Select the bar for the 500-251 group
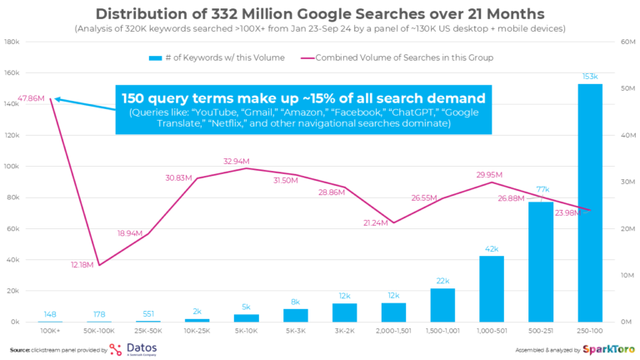click(x=540, y=262)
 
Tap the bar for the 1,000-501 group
click(x=492, y=288)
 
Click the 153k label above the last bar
click(x=589, y=77)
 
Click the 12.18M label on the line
click(x=84, y=264)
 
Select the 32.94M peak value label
click(x=237, y=160)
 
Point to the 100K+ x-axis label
click(x=50, y=330)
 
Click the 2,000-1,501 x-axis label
click(x=394, y=330)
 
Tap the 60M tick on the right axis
click(x=626, y=42)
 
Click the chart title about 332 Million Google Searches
click(x=320, y=14)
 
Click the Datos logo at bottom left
click(x=137, y=348)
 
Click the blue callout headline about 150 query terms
click(x=304, y=98)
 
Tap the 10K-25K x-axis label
click(x=197, y=330)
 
